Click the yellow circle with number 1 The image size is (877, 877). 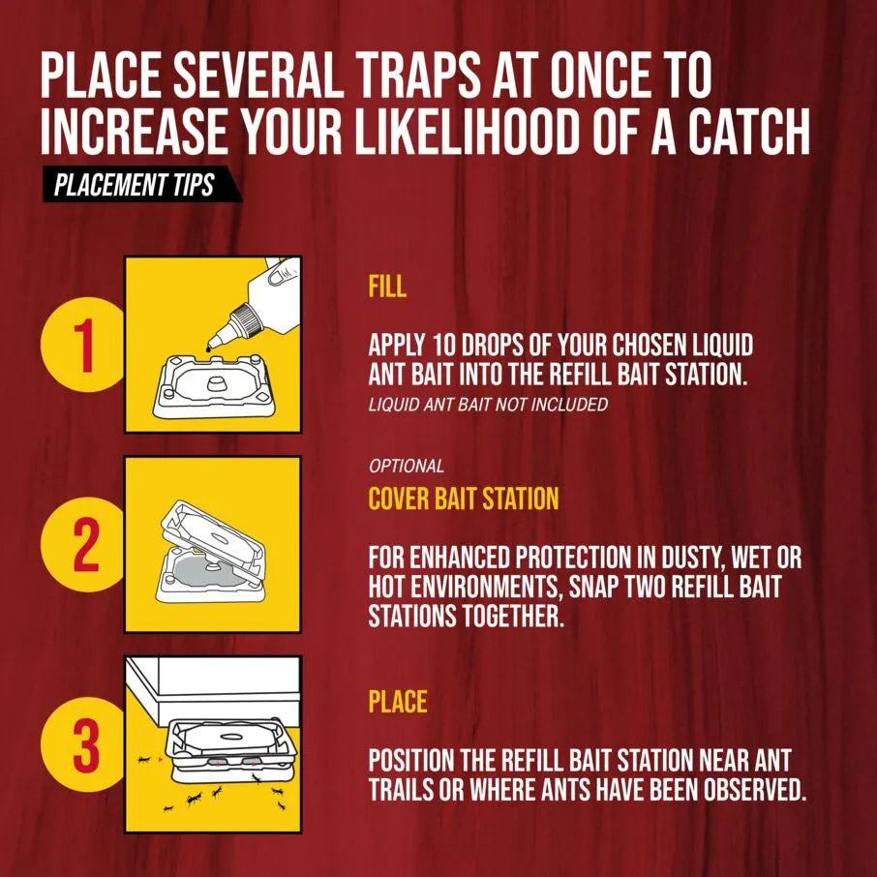[x=83, y=345]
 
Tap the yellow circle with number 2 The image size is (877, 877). [x=83, y=544]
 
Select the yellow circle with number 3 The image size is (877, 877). [x=83, y=744]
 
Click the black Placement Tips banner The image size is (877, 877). [x=142, y=184]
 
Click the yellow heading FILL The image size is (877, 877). [x=387, y=286]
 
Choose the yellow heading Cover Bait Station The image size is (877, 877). [x=463, y=498]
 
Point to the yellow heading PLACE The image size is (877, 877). [x=398, y=702]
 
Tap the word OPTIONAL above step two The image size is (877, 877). [x=406, y=466]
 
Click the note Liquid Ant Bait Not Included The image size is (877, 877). [x=488, y=404]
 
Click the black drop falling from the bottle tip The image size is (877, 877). [x=209, y=349]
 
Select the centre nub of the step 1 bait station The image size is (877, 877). [x=215, y=383]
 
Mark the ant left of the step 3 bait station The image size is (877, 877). [x=145, y=760]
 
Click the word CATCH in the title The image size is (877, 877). [x=731, y=132]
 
